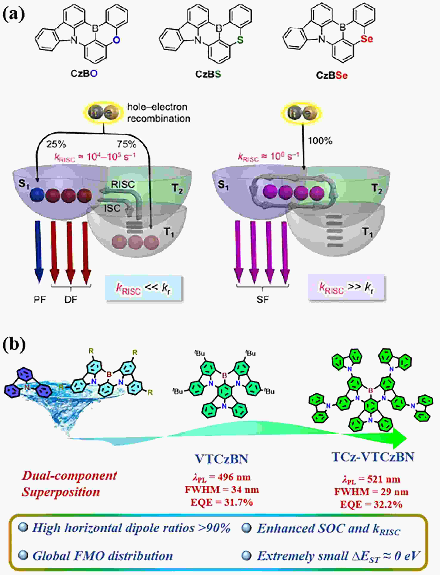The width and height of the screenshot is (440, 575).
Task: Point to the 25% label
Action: (x=56, y=144)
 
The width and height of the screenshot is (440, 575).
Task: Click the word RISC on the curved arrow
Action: (x=123, y=185)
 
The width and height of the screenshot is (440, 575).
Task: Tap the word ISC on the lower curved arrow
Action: (x=112, y=208)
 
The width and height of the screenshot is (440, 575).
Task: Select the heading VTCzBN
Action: (x=222, y=459)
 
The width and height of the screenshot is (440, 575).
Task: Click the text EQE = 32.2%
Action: (x=371, y=504)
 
